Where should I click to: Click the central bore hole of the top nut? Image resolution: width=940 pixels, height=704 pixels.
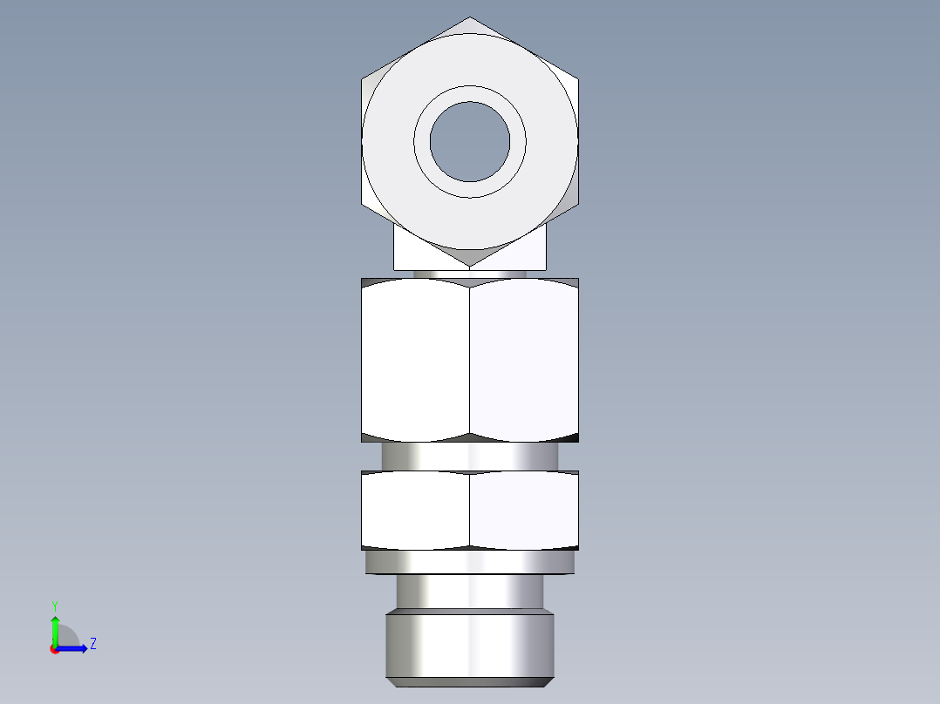click(470, 142)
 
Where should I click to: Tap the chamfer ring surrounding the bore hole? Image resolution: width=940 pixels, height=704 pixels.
click(470, 93)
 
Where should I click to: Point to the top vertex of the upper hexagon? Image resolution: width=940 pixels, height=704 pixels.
click(470, 17)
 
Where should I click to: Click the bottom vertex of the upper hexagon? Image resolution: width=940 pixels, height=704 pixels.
click(470, 266)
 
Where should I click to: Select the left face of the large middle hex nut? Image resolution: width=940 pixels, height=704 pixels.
click(416, 359)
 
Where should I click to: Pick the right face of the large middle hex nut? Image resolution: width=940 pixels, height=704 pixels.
click(523, 359)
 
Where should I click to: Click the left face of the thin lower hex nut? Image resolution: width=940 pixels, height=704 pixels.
click(416, 511)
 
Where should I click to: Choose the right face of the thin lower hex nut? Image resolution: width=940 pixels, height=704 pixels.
click(523, 511)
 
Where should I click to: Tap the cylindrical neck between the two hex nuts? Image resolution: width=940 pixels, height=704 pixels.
click(470, 456)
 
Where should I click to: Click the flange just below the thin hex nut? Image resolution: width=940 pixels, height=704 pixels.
click(470, 563)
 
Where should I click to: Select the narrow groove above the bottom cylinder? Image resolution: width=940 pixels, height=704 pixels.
click(470, 592)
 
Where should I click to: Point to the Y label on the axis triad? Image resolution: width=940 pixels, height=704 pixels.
click(54, 605)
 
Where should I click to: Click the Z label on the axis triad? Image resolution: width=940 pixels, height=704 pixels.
click(92, 645)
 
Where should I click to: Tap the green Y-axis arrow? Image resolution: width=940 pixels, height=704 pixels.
click(55, 629)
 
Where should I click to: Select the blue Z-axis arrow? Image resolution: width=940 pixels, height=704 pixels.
click(74, 648)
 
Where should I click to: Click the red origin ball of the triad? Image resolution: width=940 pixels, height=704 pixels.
click(55, 649)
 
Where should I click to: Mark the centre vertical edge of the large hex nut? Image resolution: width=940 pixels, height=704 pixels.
click(470, 359)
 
